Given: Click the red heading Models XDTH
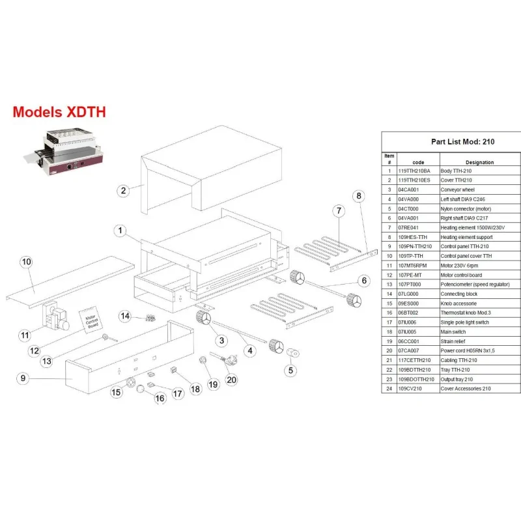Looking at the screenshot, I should pyautogui.click(x=59, y=112).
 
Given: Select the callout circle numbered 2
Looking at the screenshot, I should pyautogui.click(x=122, y=191).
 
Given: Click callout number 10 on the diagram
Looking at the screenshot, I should pyautogui.click(x=26, y=262).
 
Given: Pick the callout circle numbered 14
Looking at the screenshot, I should pyautogui.click(x=126, y=316).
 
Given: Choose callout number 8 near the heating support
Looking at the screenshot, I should pyautogui.click(x=357, y=195).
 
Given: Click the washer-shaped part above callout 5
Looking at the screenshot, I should pyautogui.click(x=293, y=352).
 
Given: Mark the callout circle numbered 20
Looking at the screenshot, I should pyautogui.click(x=231, y=380).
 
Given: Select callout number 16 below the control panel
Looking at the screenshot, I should pyautogui.click(x=160, y=398).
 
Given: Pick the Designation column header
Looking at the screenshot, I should pyautogui.click(x=480, y=162).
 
